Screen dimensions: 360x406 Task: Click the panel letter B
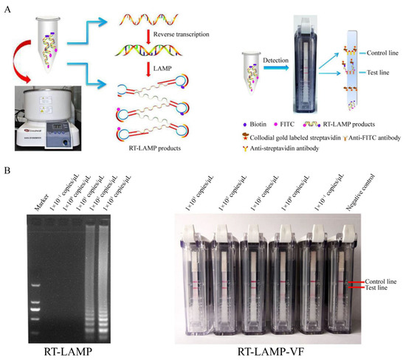tap(7, 174)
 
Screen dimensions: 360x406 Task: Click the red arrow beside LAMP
tap(162, 71)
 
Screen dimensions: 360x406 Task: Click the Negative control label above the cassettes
tap(353, 191)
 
